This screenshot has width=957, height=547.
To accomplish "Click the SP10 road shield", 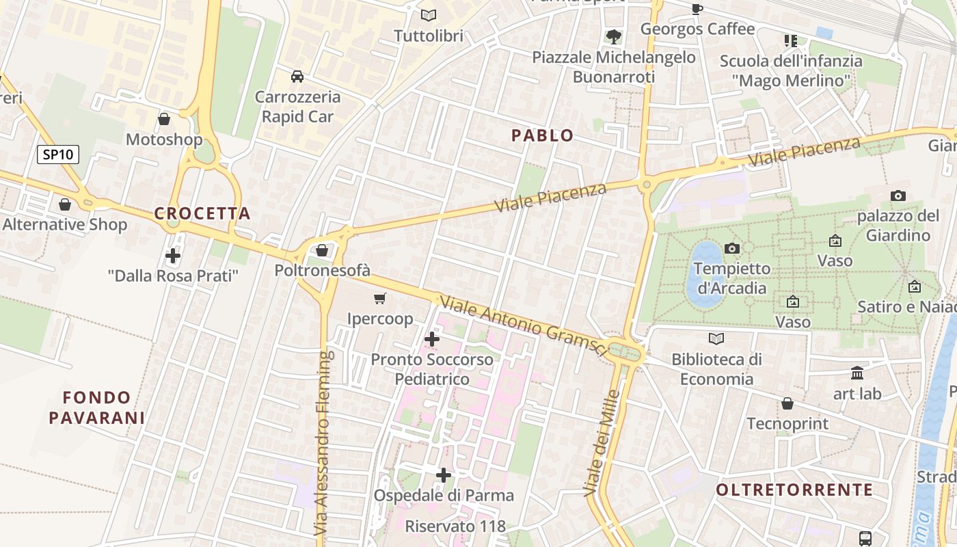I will click(x=58, y=155).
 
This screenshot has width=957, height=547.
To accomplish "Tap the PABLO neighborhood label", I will click(x=543, y=135).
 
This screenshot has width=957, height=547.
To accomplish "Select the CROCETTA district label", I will click(x=202, y=213).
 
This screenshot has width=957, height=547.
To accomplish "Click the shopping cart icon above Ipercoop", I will click(x=380, y=298).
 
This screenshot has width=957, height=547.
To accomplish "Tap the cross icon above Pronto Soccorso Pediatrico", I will click(x=432, y=338).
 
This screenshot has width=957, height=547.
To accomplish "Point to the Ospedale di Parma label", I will click(x=443, y=495).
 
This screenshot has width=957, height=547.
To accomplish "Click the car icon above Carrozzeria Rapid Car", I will click(x=297, y=76).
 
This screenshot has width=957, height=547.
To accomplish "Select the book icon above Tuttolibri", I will click(x=429, y=15).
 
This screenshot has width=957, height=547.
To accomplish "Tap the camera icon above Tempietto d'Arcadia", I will click(x=732, y=248).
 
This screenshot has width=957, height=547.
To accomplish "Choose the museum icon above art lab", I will click(x=857, y=373).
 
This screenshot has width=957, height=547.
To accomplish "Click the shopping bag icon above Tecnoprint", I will click(x=787, y=403).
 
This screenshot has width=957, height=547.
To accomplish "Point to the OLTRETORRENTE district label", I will click(x=794, y=490).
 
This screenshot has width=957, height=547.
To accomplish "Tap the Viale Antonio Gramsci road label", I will click(x=523, y=325).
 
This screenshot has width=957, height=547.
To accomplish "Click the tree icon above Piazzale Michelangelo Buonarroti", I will click(x=614, y=36).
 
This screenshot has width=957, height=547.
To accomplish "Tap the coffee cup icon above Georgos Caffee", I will click(x=697, y=8).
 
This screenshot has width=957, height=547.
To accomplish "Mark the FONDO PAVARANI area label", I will click(x=96, y=408).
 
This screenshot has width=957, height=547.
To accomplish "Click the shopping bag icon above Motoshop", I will click(x=164, y=120).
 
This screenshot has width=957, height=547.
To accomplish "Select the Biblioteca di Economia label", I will click(x=716, y=369).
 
